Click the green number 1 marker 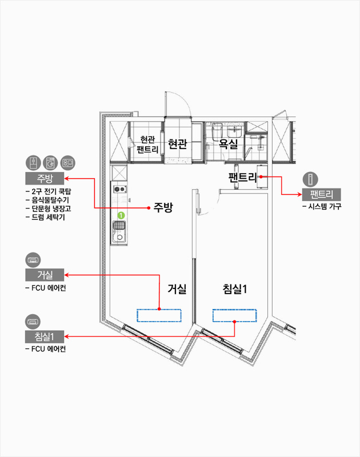(x=121, y=215)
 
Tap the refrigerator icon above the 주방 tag (x=33, y=163)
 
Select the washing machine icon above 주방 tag (x=50, y=163)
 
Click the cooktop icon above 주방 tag (x=67, y=163)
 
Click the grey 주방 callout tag (x=45, y=178)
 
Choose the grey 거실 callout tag (x=45, y=275)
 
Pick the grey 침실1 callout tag (x=45, y=336)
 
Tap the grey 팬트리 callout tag (x=321, y=194)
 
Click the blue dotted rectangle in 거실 (x=159, y=316)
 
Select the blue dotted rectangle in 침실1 (x=235, y=316)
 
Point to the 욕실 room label (x=229, y=144)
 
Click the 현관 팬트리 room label (x=147, y=145)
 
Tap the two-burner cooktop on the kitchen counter (x=120, y=190)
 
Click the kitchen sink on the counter (x=119, y=232)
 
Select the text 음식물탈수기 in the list (x=50, y=200)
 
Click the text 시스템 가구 (x=325, y=206)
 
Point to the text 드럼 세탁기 (x=48, y=217)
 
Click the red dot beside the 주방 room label (x=149, y=208)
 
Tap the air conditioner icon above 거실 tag (x=33, y=260)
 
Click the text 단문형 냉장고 (x=51, y=209)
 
